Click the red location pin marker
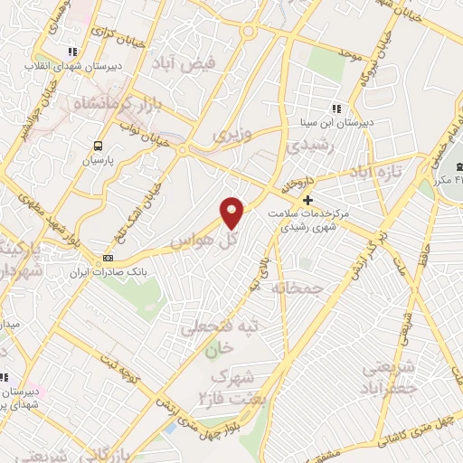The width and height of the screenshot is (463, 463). [x=233, y=212]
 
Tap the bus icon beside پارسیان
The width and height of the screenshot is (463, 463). [x=98, y=144]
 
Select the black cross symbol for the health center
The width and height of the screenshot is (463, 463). [x=308, y=200]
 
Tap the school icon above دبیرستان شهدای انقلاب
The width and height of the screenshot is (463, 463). [x=72, y=52]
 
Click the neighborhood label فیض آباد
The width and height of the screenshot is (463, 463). [x=199, y=65]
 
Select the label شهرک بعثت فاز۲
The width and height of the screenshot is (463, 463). [x=230, y=386]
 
